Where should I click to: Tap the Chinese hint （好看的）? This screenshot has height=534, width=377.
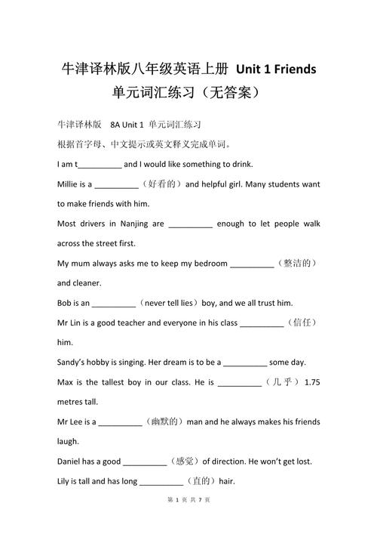click(161, 184)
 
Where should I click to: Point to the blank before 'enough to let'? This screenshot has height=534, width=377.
click(191, 224)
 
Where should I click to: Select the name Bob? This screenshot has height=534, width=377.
click(65, 303)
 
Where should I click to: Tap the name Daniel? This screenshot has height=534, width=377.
click(72, 461)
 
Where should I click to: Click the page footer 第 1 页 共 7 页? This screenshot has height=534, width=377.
click(188, 520)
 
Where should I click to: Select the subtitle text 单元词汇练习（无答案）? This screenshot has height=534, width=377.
click(188, 94)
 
